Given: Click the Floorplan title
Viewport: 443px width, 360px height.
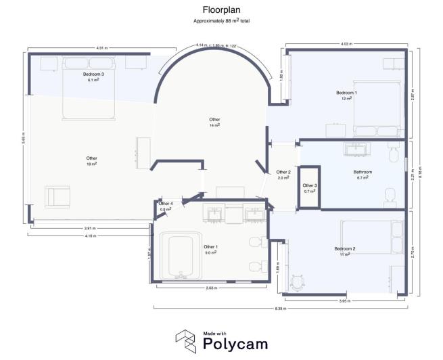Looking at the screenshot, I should tap(220, 10).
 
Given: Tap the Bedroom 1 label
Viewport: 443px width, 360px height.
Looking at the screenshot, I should tap(346, 93).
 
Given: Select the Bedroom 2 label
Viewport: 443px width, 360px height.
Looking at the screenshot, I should tap(344, 249).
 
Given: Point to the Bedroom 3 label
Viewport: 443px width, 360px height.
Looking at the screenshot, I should tap(93, 74).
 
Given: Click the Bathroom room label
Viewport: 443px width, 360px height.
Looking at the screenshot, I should tap(363, 172).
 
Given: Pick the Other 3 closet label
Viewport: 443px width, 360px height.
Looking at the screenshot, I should tap(310, 185).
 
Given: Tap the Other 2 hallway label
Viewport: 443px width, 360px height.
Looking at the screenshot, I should tap(283, 172).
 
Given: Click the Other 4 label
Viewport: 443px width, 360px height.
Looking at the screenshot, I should tap(166, 204).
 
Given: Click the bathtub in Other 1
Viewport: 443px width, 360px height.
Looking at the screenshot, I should tap(180, 255).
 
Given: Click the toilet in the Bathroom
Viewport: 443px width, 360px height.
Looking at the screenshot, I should tap(390, 196).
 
